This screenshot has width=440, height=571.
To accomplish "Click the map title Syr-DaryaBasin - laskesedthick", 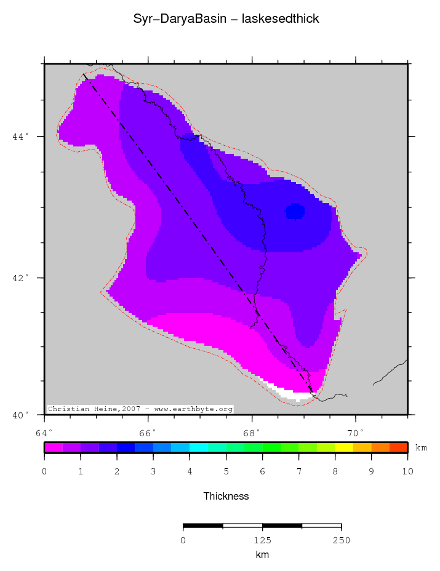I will [x=226, y=19].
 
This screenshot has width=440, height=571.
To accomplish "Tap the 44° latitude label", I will [x=20, y=136].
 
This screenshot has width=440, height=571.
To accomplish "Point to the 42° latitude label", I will [x=20, y=278].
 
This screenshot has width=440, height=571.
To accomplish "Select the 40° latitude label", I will [x=20, y=415].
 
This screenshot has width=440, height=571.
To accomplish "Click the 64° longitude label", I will [x=44, y=433].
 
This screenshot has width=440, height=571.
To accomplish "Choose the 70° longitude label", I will [x=356, y=433].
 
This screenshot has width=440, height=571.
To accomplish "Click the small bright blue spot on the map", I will [x=295, y=212].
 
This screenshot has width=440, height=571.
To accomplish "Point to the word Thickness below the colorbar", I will [x=226, y=496].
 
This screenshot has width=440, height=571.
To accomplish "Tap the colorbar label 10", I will [x=407, y=472].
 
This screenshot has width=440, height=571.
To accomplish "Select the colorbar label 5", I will [x=226, y=472].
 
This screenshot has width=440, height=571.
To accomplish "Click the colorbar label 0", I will [x=44, y=472].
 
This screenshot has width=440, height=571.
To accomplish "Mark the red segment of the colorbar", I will [x=398, y=447].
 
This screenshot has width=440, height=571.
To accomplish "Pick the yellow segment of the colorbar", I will [x=344, y=447].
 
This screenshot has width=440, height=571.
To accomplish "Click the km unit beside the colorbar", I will [x=421, y=448].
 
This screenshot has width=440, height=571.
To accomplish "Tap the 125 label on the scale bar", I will [x=262, y=541].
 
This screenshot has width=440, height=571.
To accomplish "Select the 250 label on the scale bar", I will [x=341, y=541].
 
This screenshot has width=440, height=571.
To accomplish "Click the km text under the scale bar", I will [x=262, y=555].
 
